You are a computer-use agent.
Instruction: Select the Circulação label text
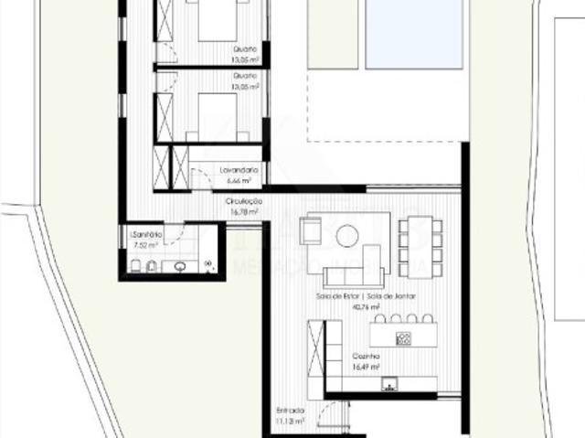244,201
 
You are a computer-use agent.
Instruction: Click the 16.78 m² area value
244,211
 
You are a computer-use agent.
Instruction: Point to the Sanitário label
145,235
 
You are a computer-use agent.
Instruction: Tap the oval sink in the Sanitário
181,267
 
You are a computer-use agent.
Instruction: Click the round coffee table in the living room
347,237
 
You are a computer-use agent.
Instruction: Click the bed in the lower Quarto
218,114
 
